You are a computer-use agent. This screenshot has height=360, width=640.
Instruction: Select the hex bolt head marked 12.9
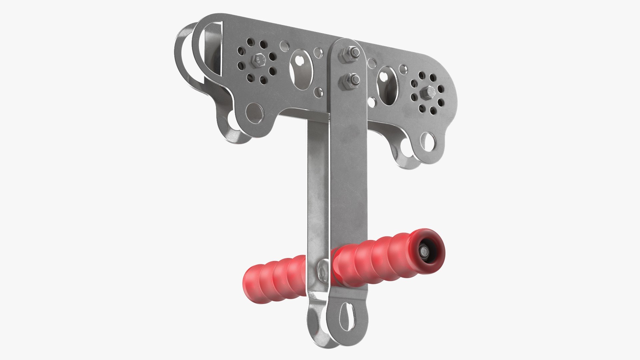(x=258, y=61)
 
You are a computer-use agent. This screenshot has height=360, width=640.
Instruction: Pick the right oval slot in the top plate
(x=388, y=85)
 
